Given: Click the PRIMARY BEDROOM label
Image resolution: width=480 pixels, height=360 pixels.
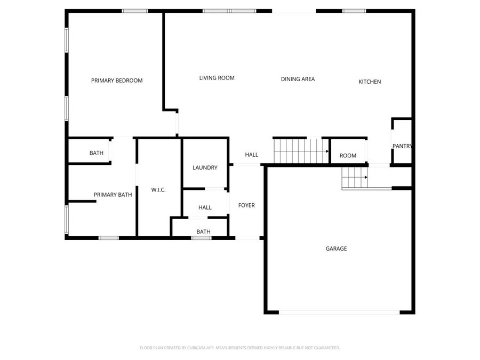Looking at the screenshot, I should [117, 81].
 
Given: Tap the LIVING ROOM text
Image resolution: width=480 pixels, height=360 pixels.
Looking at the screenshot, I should [217, 78].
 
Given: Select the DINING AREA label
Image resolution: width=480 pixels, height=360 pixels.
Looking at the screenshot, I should [298, 79].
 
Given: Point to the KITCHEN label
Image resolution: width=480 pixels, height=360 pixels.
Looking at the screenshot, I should [370, 82].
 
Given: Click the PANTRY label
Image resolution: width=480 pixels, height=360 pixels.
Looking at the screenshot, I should [402, 146].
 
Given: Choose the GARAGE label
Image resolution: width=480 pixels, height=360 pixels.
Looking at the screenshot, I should [336, 249].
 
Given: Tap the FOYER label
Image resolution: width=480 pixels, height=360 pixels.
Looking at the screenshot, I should [246, 205].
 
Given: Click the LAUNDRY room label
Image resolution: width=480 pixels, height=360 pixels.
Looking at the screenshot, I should [205, 167].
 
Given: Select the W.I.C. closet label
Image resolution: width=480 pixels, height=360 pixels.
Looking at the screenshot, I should [158, 189].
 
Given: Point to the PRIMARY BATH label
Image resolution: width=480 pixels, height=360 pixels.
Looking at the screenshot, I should [113, 195].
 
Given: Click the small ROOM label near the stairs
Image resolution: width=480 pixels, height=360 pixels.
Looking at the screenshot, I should [348, 156].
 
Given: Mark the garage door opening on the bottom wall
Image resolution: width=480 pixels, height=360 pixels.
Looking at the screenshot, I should [339, 313].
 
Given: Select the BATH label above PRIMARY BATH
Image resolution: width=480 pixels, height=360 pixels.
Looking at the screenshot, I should [97, 153].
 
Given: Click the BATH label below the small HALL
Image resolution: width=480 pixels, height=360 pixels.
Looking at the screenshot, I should [203, 231].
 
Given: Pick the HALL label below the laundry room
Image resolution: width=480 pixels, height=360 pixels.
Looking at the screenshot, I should [205, 207].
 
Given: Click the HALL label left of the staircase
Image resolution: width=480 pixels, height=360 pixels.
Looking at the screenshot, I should [251, 155].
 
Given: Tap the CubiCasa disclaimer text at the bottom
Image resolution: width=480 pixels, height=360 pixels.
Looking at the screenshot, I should [239, 348].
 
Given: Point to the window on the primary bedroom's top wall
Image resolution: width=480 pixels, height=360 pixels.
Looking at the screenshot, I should [135, 11].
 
